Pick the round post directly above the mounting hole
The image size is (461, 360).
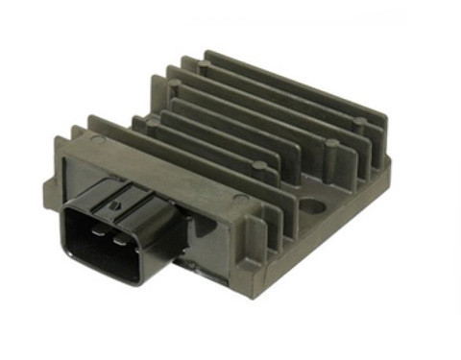click(330, 147)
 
